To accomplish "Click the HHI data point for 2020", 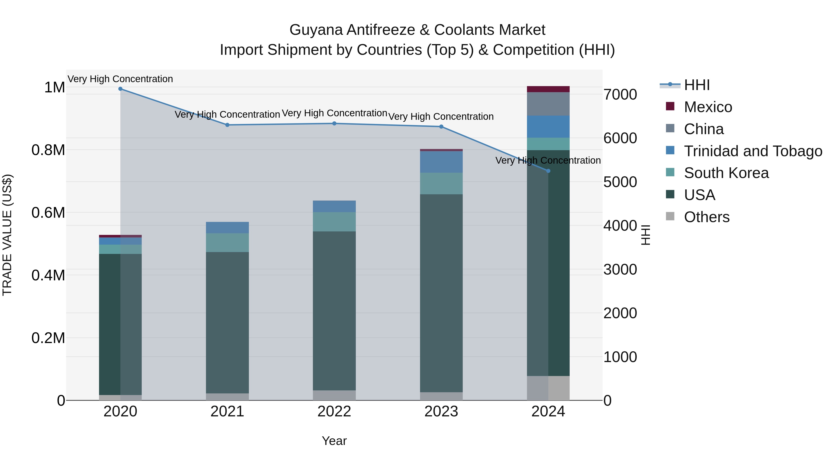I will coord(120,89).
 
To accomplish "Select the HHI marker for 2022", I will coord(334,123).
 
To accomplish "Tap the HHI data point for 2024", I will coord(548,171).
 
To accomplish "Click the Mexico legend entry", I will coord(708,107).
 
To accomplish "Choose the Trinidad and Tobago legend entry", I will coord(753,151).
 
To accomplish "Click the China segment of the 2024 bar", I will coord(548,104).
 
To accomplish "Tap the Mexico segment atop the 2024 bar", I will coord(548,89).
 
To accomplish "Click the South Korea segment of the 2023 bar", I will coord(441,183).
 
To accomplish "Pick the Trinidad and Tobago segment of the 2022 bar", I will coord(334,206).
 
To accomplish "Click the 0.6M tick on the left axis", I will coord(48,213).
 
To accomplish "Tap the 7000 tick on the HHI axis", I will coord(620,95).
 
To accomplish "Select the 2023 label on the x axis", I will coord(441,412).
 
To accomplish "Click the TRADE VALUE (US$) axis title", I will coord(7,235).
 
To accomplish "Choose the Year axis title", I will coord(334,441).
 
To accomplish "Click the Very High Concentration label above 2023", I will coord(441,117).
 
